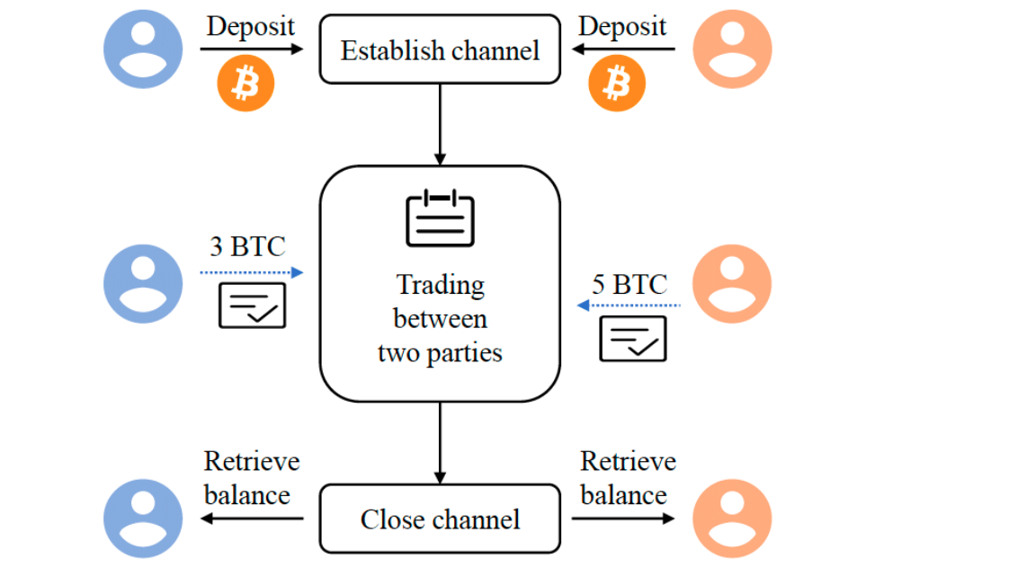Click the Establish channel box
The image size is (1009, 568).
click(x=440, y=49)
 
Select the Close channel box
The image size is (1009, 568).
click(x=440, y=519)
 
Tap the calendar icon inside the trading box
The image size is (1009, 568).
click(x=440, y=217)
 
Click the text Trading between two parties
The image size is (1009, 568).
click(x=440, y=319)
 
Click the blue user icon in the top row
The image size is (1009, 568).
click(x=143, y=49)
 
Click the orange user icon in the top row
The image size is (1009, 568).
click(x=732, y=49)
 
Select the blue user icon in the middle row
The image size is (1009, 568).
click(x=143, y=283)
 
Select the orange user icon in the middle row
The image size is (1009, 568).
click(x=732, y=283)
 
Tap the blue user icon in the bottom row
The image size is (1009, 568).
click(x=143, y=519)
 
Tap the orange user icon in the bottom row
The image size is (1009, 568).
click(x=732, y=519)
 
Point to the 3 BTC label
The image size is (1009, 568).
click(x=247, y=246)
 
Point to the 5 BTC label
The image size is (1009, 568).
click(x=630, y=285)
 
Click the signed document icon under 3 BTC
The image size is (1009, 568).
click(x=253, y=306)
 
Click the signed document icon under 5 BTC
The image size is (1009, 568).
click(x=633, y=339)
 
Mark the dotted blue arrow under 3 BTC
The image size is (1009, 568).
click(x=252, y=272)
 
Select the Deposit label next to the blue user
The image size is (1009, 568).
click(x=251, y=26)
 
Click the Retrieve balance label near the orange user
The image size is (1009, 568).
click(x=626, y=477)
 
